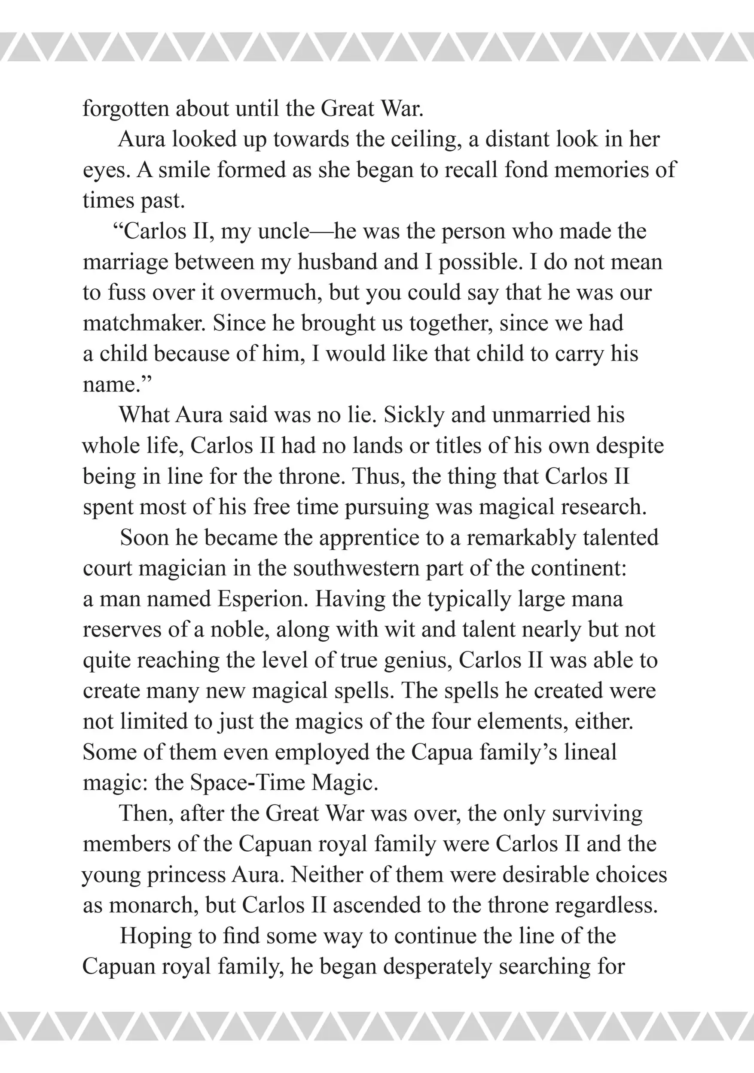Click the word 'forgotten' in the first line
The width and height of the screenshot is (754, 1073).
(125, 109)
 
